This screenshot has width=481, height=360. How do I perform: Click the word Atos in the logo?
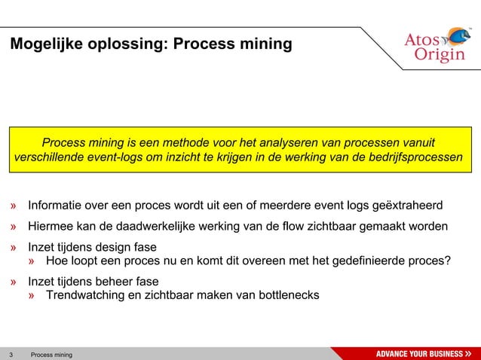click(422, 39)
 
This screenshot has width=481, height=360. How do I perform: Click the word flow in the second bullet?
click(290, 226)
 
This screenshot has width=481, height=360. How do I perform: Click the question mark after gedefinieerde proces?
click(448, 261)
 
